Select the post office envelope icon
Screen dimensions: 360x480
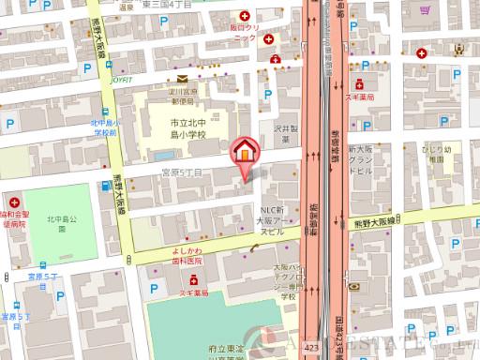[181, 80]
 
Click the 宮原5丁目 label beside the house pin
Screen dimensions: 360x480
[181, 172]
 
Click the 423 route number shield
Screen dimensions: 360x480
[309, 348]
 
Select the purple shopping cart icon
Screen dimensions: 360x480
[425, 12]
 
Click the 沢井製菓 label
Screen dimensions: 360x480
[285, 133]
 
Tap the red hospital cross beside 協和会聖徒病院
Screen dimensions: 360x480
[15, 202]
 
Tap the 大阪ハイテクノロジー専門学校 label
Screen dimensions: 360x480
[284, 281]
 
